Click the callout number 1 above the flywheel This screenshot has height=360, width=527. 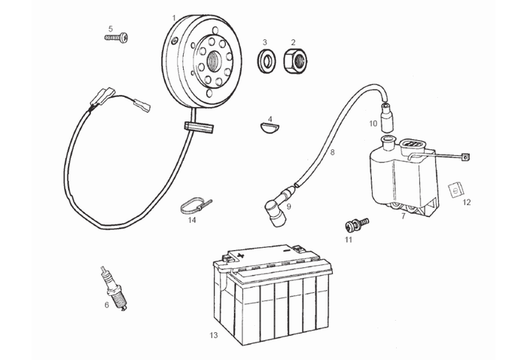[174, 17]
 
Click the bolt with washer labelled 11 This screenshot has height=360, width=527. [355, 224]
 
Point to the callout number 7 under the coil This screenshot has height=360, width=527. [404, 216]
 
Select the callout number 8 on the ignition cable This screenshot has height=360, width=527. [332, 153]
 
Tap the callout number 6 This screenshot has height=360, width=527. [107, 304]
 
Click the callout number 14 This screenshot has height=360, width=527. [192, 221]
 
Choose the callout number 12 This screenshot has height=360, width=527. [467, 203]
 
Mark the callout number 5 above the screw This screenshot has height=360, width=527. [110, 29]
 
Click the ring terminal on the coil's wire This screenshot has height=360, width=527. [465, 157]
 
